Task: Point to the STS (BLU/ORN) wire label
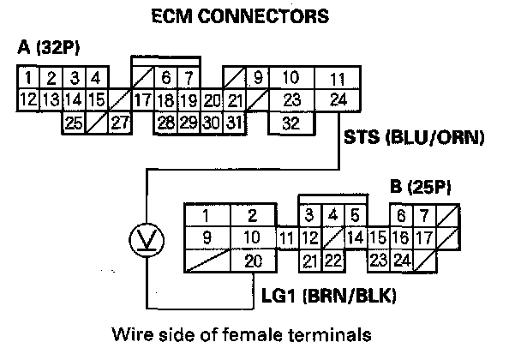tap(414, 137)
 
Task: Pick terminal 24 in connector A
tap(338, 99)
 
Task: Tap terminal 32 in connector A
tap(290, 123)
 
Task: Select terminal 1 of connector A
tap(29, 79)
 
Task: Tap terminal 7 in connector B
tap(422, 214)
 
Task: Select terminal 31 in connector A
tap(255, 123)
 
